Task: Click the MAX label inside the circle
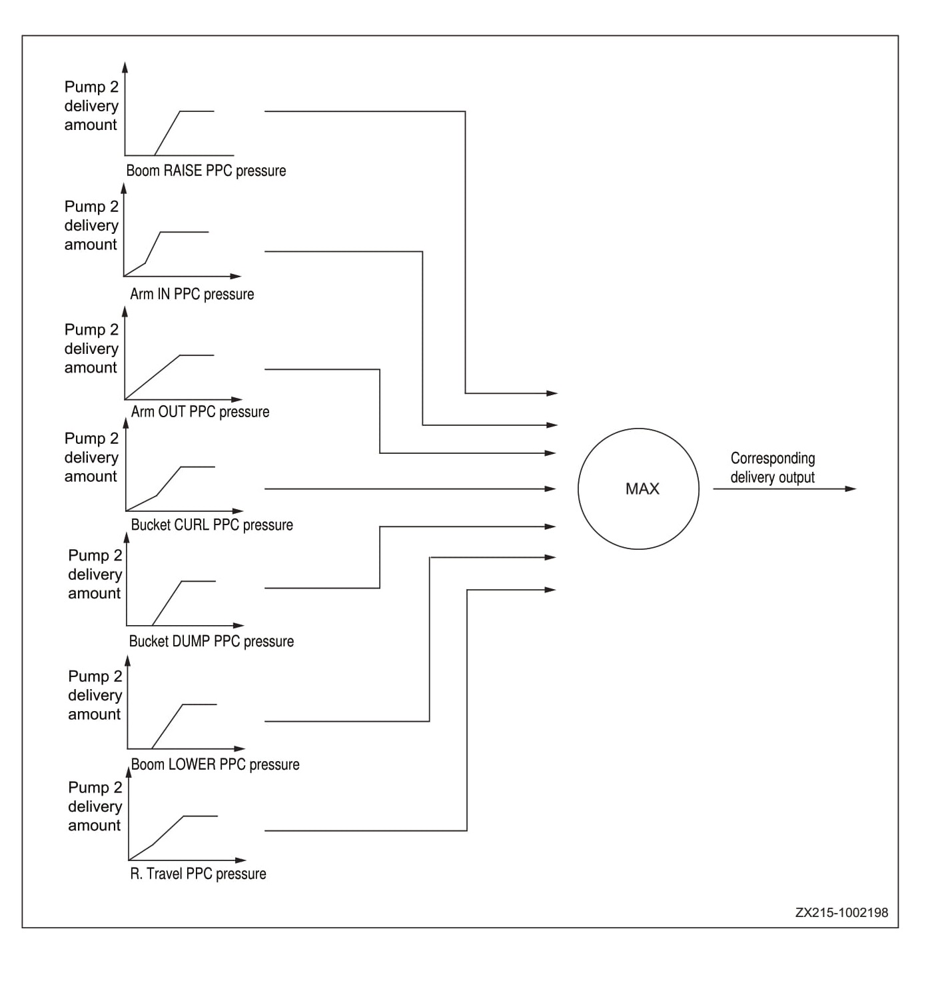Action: coord(642,489)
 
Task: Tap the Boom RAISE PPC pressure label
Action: coord(206,171)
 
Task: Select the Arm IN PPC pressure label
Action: coord(192,294)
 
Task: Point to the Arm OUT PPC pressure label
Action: coord(200,412)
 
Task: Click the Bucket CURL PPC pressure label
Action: coord(212,524)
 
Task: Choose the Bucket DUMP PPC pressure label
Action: coord(211,641)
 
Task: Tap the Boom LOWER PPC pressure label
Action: coord(215,764)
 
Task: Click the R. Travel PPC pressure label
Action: coord(198,874)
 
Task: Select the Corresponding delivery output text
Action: coord(772,467)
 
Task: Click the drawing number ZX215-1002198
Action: coord(841,912)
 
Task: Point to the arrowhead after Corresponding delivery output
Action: coord(850,489)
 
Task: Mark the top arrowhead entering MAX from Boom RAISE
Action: coord(552,393)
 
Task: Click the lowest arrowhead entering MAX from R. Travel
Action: coord(550,590)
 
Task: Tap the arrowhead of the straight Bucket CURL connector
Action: coord(550,489)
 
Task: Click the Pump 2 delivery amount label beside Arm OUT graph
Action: coord(91,349)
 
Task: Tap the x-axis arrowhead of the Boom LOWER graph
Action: coord(240,748)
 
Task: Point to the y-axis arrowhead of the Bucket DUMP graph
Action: coord(127,537)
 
